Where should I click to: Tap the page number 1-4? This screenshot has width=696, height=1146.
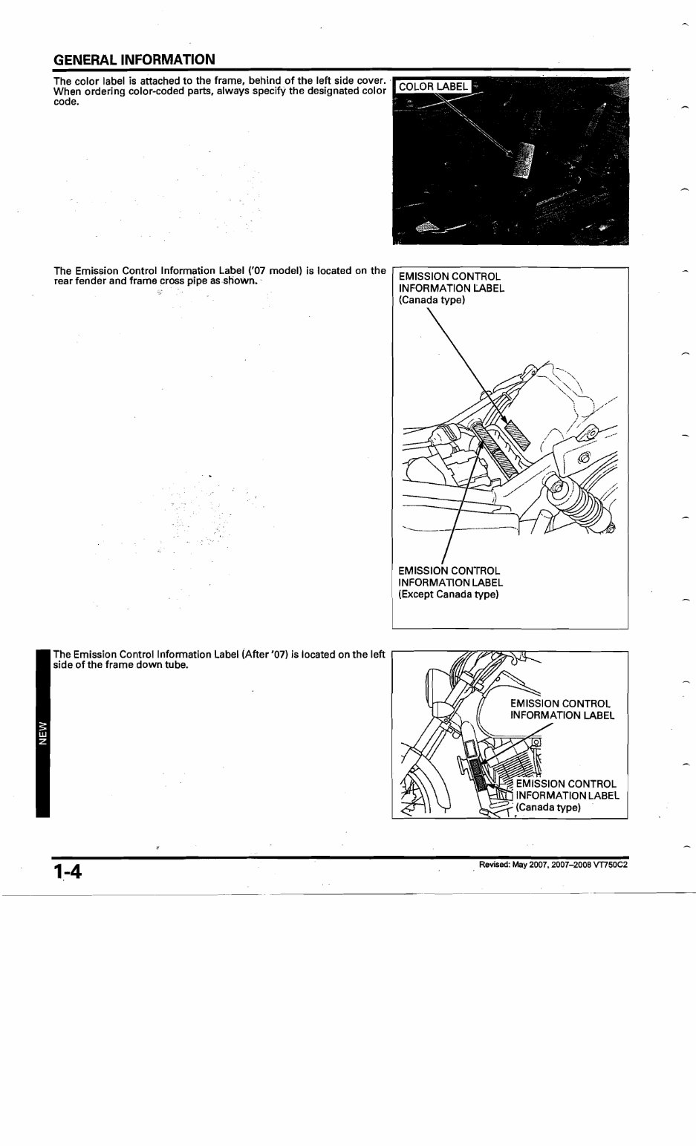pyautogui.click(x=66, y=871)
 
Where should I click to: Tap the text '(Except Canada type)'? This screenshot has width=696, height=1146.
pyautogui.click(x=448, y=595)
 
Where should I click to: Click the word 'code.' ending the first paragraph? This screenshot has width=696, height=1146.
pyautogui.click(x=66, y=101)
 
